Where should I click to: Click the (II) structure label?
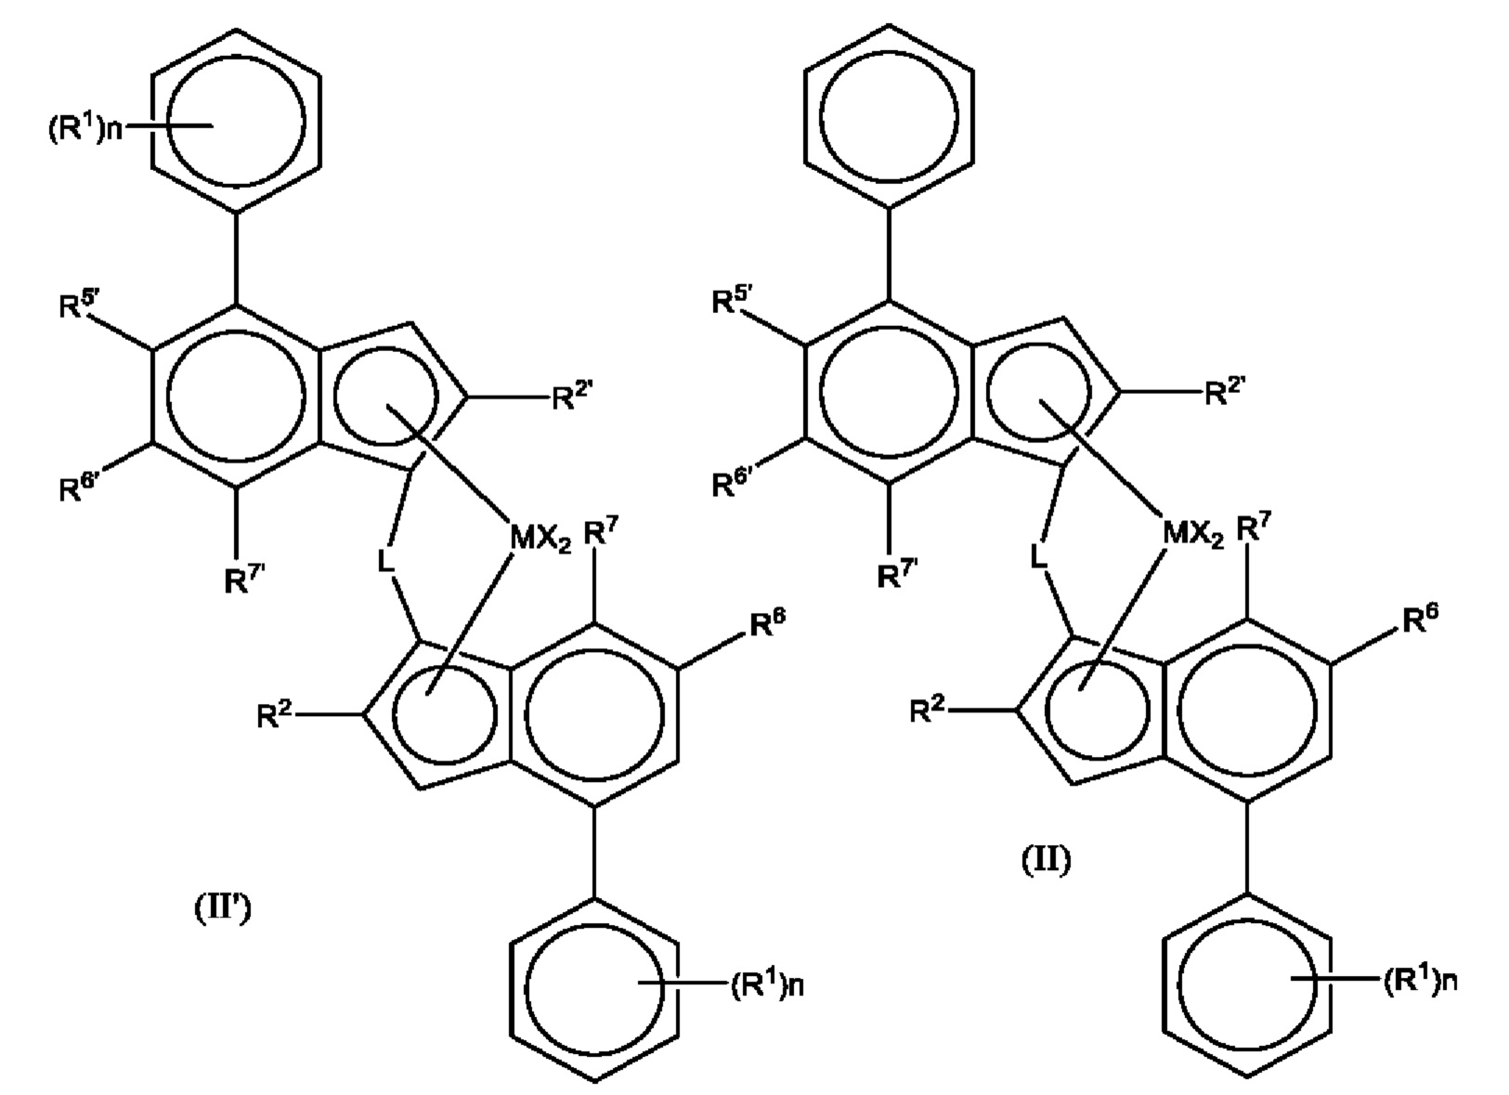click(1046, 860)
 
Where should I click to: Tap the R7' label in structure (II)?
click(896, 576)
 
